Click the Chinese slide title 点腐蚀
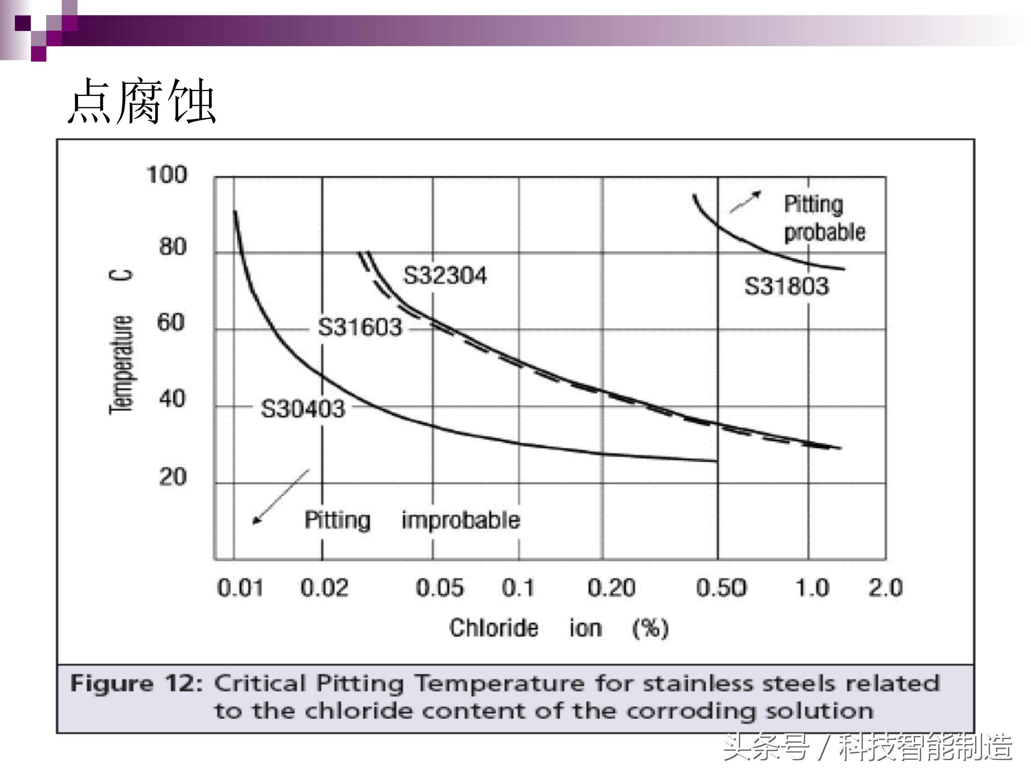[x=142, y=101]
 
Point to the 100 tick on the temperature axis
[x=167, y=175]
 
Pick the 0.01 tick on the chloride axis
[x=240, y=588]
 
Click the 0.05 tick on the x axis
[x=439, y=588]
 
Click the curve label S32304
[x=445, y=275]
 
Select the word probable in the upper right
[x=825, y=232]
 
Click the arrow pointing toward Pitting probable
[x=745, y=202]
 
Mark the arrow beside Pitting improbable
[x=280, y=497]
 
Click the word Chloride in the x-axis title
[x=493, y=628]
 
